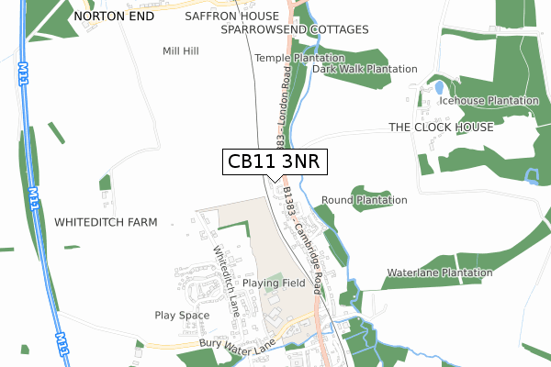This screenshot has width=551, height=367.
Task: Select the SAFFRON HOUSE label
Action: click(x=231, y=17)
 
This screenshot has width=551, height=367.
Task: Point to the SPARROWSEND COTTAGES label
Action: click(x=295, y=29)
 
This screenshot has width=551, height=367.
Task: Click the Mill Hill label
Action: click(x=181, y=51)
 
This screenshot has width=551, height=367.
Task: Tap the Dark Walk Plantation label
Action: click(x=365, y=69)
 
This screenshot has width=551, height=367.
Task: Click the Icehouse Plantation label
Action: click(x=489, y=101)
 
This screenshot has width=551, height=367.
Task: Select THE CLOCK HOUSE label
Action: click(x=441, y=127)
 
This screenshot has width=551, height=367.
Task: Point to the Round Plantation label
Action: click(x=365, y=200)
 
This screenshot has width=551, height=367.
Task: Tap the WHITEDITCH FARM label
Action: click(x=107, y=223)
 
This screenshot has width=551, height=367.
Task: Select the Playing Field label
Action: click(x=274, y=284)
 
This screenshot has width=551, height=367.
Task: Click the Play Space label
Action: click(x=182, y=316)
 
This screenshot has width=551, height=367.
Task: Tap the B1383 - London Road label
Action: click(x=279, y=96)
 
